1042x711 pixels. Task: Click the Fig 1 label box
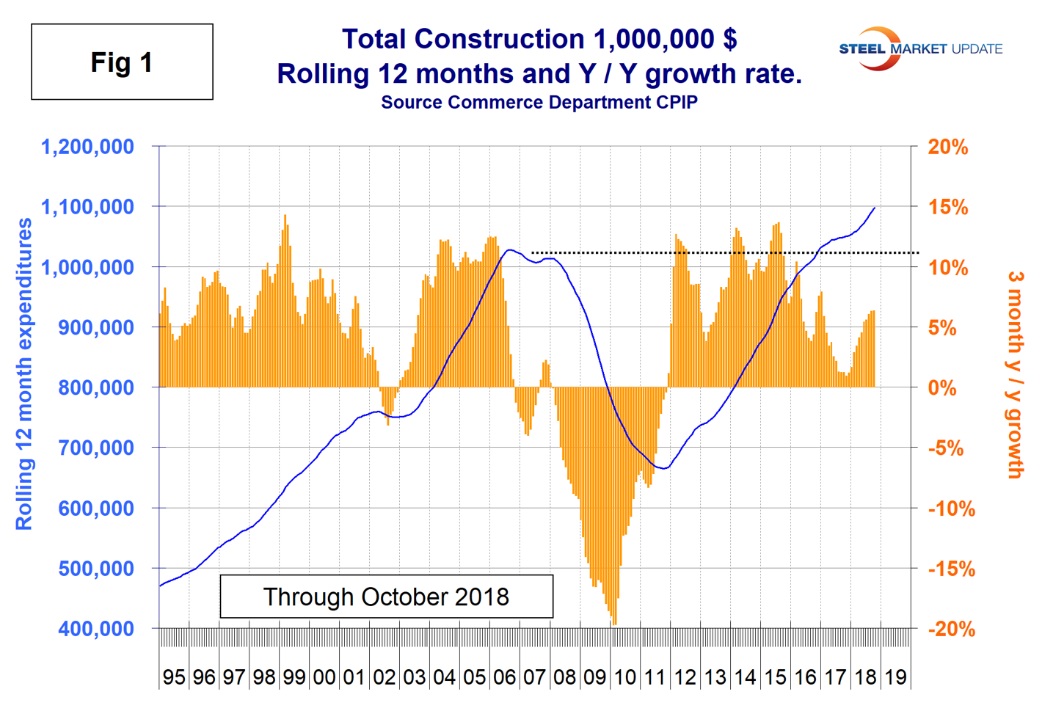[x=122, y=62]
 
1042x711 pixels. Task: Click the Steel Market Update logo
[x=920, y=49]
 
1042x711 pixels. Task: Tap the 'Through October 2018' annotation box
[x=386, y=597]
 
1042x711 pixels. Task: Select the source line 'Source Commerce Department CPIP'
[x=539, y=103]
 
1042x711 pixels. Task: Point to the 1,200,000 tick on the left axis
[x=88, y=147]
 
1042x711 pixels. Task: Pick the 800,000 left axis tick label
[x=96, y=387]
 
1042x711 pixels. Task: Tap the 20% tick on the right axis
[x=947, y=147]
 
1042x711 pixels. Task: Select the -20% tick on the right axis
[x=951, y=629]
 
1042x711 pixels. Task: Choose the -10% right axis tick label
[x=951, y=508]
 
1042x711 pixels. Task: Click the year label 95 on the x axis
[x=174, y=677]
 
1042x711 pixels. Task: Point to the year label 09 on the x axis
[x=594, y=677]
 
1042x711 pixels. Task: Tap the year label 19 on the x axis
[x=895, y=677]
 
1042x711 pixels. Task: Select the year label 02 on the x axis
[x=385, y=677]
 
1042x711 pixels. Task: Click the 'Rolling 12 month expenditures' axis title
[x=24, y=374]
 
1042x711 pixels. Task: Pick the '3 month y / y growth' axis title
[x=1016, y=374]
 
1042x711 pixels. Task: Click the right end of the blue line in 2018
[x=875, y=208]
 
